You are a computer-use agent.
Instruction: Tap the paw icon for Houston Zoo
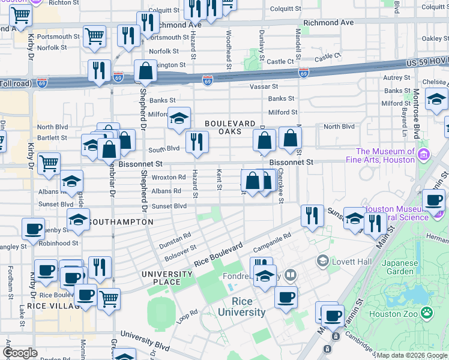(426, 312)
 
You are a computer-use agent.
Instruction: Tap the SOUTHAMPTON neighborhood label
(121, 222)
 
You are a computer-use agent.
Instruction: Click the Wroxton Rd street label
(169, 178)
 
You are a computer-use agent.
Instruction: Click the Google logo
(20, 353)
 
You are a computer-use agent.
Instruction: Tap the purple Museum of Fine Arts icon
(424, 155)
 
